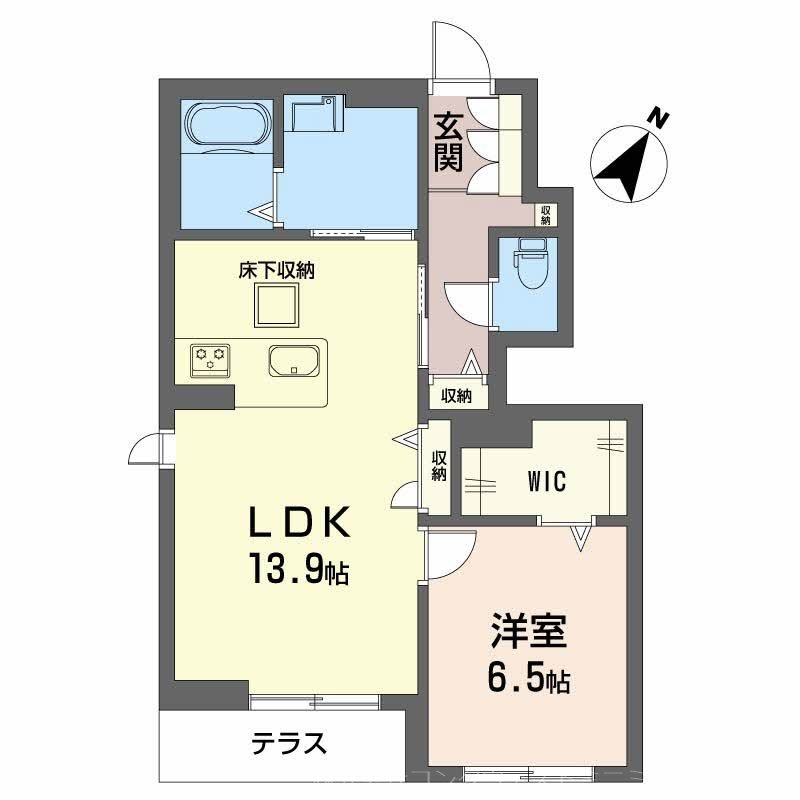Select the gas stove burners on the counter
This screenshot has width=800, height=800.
click(211, 358)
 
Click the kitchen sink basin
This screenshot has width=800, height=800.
click(294, 359)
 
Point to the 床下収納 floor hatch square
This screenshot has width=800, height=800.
click(276, 305)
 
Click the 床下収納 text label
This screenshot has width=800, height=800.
click(276, 270)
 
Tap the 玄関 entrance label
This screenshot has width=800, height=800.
click(447, 142)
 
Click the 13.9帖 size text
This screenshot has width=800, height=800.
click(299, 571)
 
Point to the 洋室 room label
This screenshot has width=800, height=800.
click(529, 632)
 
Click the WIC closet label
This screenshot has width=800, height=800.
click(546, 481)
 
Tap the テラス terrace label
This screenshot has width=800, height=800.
click(289, 743)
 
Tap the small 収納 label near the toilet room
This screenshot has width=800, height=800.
click(545, 214)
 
